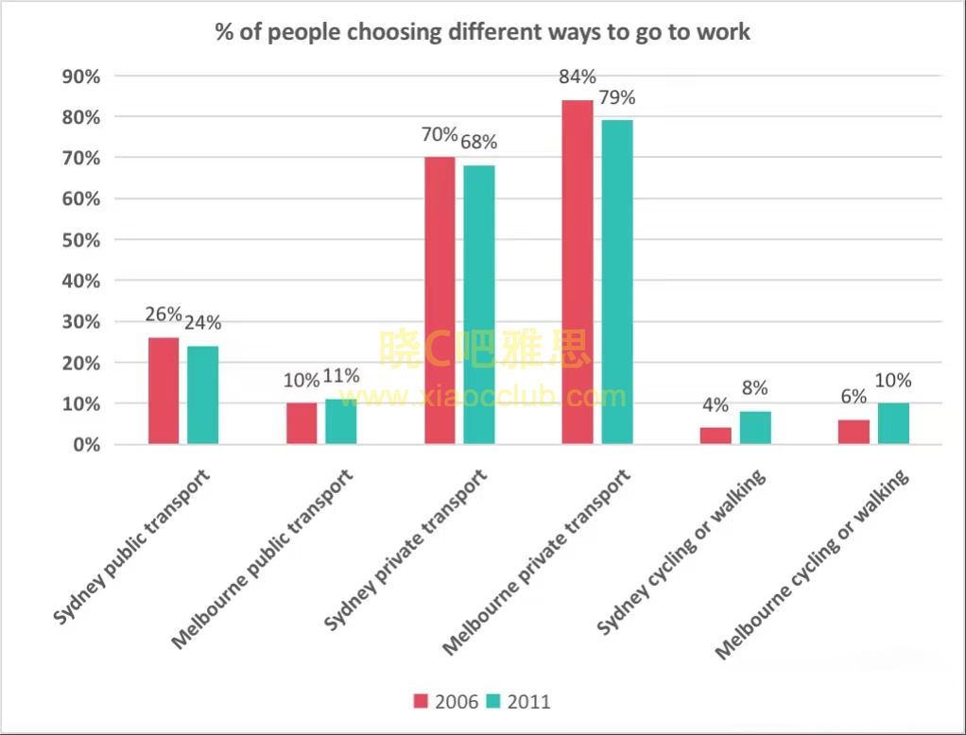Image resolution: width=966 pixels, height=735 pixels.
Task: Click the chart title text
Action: point(482,31)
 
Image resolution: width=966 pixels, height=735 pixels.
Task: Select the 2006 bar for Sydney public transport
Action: point(164,390)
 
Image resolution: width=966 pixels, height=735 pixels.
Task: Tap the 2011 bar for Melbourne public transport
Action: point(341,421)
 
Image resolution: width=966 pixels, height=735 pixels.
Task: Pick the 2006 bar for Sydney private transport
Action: point(440,300)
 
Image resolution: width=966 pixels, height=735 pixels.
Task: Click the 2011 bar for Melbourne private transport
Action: point(616,282)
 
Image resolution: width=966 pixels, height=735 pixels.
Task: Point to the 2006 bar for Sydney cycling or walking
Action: point(716,436)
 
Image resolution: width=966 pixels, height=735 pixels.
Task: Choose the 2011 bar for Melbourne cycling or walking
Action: point(892,423)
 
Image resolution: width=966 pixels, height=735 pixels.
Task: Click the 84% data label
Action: point(578,77)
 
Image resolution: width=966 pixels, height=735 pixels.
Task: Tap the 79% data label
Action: point(616,98)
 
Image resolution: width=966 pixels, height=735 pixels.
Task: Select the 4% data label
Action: point(716,405)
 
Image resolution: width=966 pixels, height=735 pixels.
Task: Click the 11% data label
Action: point(341,376)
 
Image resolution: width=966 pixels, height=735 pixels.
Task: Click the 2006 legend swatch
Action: point(422,701)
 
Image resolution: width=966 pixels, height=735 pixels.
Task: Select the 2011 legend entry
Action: point(518,701)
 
